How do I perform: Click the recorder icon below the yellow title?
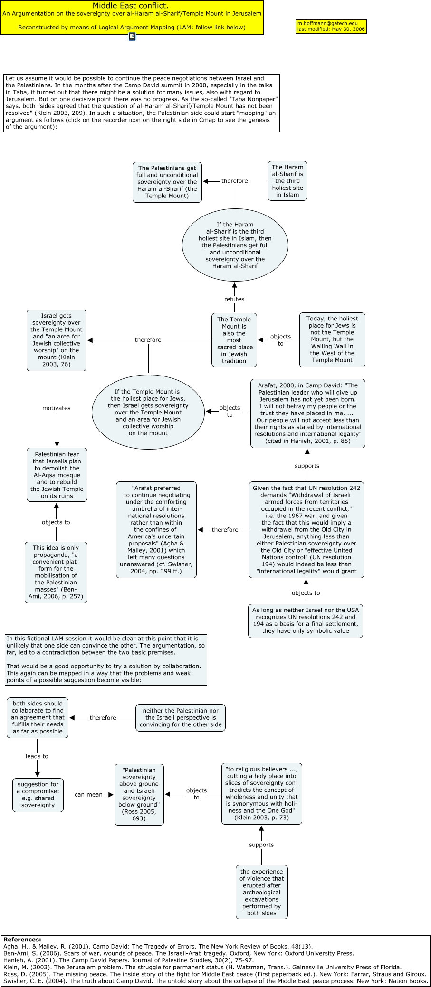pos(132,37)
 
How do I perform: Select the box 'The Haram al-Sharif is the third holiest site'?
pos(287,181)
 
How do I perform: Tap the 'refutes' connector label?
pos(234,299)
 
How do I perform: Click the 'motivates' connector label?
pos(57,408)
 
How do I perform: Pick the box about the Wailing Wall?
pos(332,340)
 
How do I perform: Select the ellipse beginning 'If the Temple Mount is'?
pos(148,413)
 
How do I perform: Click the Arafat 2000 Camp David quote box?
pos(307,414)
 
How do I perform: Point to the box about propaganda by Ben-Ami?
pos(56,573)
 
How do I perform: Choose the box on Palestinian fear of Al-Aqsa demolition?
pos(57,475)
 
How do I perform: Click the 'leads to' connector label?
pos(37,756)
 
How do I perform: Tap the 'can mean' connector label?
pos(88,795)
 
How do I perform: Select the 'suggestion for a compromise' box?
pos(38,795)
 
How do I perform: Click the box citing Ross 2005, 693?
pos(139,794)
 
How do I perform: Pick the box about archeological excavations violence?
pos(262,892)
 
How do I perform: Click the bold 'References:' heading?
pos(22,940)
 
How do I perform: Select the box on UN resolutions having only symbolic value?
pos(305,620)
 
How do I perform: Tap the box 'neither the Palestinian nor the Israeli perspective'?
pos(181,718)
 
